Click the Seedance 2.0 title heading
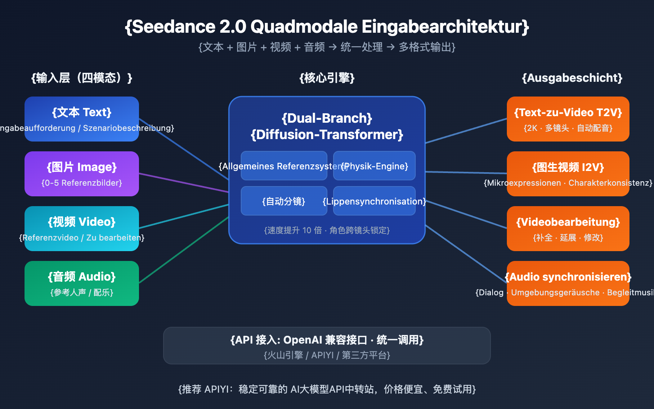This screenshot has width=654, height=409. [327, 27]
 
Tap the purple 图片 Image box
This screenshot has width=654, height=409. [82, 174]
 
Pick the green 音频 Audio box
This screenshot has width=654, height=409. [82, 283]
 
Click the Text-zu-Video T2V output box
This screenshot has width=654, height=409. [568, 119]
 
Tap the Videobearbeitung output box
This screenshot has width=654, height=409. [568, 228]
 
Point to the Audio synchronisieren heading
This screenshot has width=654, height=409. [568, 277]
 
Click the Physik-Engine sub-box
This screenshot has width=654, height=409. [374, 166]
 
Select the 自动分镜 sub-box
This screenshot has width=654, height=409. [284, 201]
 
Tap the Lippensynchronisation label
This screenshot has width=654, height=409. [374, 201]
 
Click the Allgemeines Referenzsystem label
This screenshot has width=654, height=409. [282, 166]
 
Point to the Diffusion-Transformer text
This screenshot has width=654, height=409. [327, 135]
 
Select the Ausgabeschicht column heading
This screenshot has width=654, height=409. [572, 78]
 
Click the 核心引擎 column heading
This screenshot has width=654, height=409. [327, 78]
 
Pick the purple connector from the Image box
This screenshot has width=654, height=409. [184, 183]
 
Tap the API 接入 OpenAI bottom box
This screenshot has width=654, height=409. [327, 346]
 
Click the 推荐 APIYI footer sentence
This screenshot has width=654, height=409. [327, 389]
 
